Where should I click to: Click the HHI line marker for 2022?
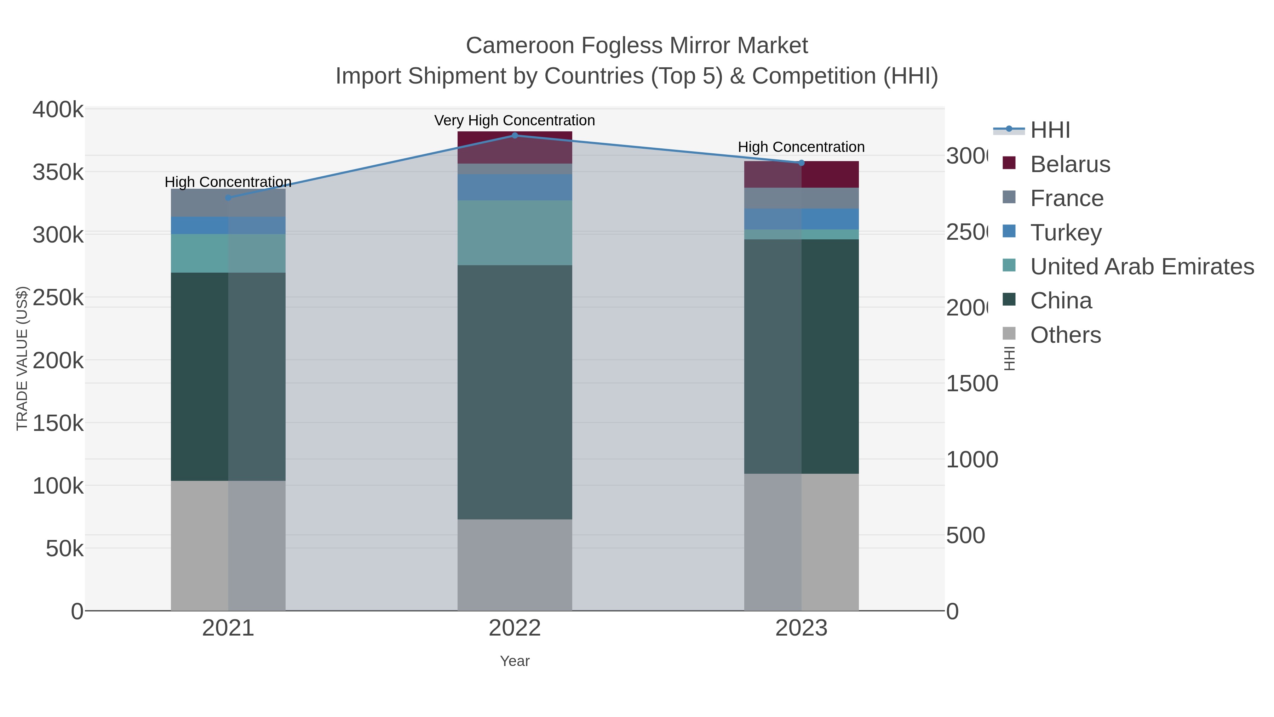point(514,135)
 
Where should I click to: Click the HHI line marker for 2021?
point(228,198)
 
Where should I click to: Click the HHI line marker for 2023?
point(801,163)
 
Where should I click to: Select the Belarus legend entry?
point(1070,164)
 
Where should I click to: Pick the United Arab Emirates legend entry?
point(1141,267)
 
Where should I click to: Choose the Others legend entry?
point(1065,335)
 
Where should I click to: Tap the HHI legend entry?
point(1050,130)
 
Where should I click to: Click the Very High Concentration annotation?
point(514,120)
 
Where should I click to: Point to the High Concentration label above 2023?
point(801,147)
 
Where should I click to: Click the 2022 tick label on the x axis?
point(514,628)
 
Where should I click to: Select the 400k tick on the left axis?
point(58,109)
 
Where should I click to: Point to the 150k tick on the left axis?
point(58,423)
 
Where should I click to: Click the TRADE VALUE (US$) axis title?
point(22,358)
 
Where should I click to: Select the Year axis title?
point(514,661)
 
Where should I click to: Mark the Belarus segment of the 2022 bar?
point(514,147)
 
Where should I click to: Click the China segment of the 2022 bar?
point(514,392)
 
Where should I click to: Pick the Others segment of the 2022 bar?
point(514,565)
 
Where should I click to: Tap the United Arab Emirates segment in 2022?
point(514,233)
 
